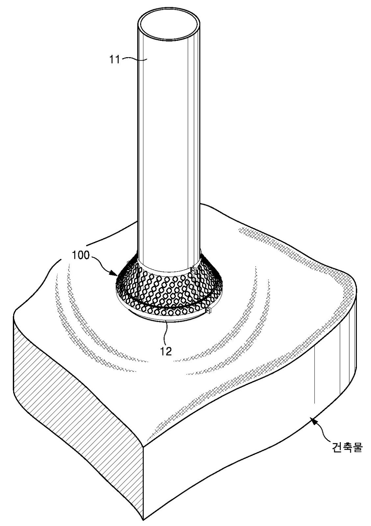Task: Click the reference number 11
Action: pos(114,60)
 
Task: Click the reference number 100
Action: pos(81,255)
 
